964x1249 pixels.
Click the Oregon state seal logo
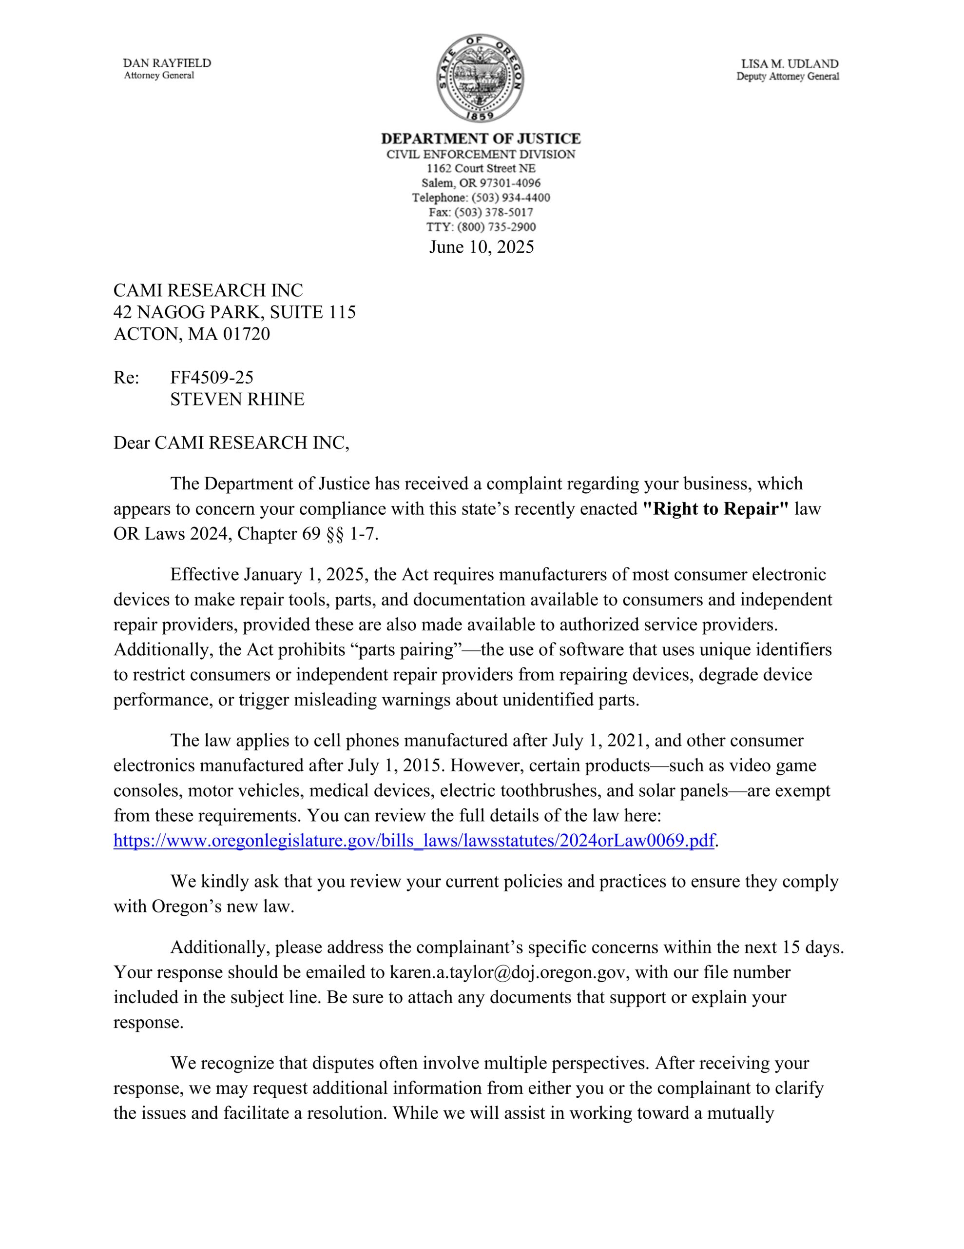coord(481,77)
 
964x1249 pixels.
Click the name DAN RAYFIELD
coord(167,63)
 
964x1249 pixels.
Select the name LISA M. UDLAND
coord(790,64)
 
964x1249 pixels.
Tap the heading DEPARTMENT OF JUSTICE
coord(481,139)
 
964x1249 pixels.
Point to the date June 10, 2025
coord(481,246)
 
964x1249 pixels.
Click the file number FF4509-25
coord(212,378)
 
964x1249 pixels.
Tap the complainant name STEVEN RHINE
coord(237,399)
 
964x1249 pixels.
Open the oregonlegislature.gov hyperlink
coord(414,840)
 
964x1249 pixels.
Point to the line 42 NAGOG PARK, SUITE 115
coord(234,312)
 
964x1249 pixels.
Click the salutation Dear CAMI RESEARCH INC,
coord(231,443)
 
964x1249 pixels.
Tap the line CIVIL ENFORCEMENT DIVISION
coord(481,154)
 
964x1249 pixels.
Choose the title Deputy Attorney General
coord(788,77)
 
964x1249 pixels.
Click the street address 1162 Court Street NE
coord(481,168)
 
